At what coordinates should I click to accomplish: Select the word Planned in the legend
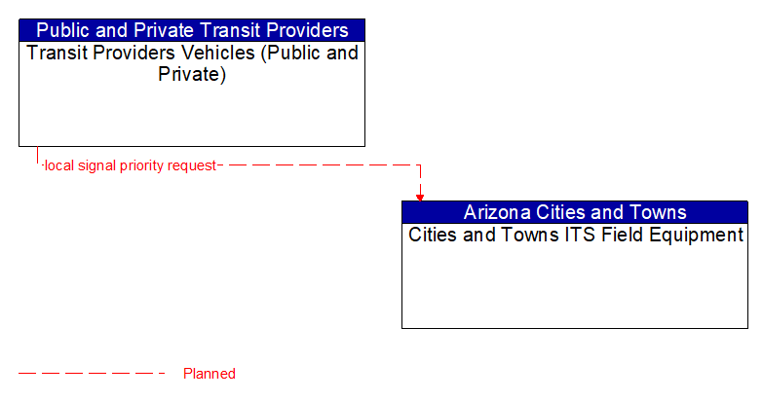210,374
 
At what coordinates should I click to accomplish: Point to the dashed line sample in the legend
93,374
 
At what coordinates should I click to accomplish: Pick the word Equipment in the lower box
696,235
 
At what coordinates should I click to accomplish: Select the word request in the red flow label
192,165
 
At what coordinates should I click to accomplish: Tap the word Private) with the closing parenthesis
192,75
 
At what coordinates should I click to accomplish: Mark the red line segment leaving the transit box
38,156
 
